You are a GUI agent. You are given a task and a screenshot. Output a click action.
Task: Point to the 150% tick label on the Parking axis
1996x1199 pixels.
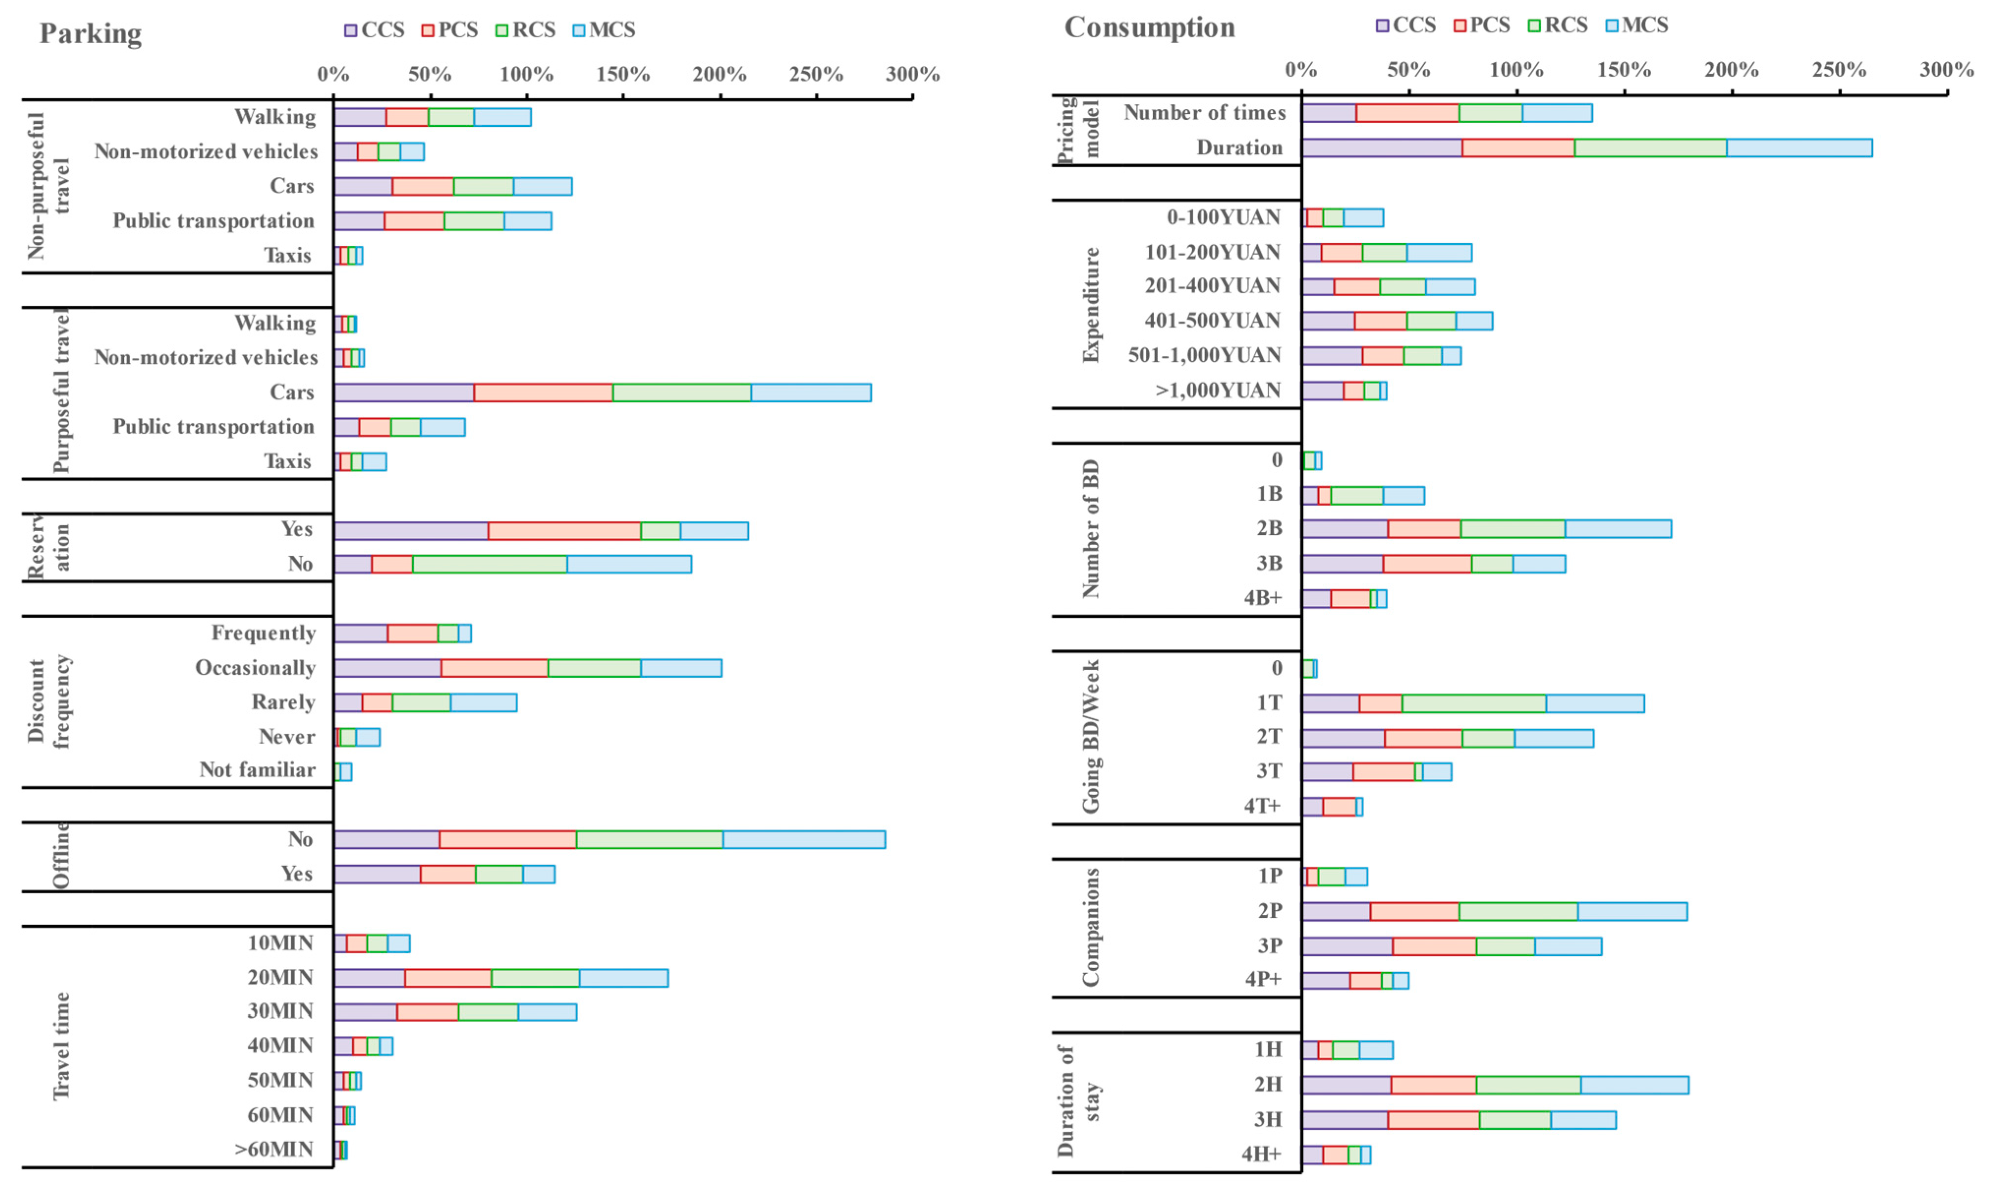coord(623,74)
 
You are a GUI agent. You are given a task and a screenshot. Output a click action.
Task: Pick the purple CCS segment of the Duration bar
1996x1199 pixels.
coord(1381,148)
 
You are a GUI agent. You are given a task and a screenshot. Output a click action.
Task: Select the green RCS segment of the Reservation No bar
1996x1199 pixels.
coord(489,564)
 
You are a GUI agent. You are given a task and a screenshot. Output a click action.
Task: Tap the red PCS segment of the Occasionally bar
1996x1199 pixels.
coord(494,668)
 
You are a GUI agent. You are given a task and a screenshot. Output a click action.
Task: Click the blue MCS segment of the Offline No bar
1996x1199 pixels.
coord(804,839)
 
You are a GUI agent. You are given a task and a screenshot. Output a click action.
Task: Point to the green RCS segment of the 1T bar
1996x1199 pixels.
coord(1473,703)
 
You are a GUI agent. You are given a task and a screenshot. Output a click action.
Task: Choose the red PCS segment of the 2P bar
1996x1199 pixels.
coord(1414,912)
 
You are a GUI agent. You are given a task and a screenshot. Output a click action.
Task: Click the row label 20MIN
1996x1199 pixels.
coord(281,977)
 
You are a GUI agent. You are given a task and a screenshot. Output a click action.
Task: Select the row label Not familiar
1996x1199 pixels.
coord(258,770)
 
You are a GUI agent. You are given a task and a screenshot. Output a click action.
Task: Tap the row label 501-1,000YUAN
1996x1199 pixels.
coord(1204,355)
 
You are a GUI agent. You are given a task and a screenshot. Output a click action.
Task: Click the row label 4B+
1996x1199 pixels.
coord(1263,599)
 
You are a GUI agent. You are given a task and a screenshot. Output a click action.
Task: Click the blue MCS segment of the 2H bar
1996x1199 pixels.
coord(1634,1085)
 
